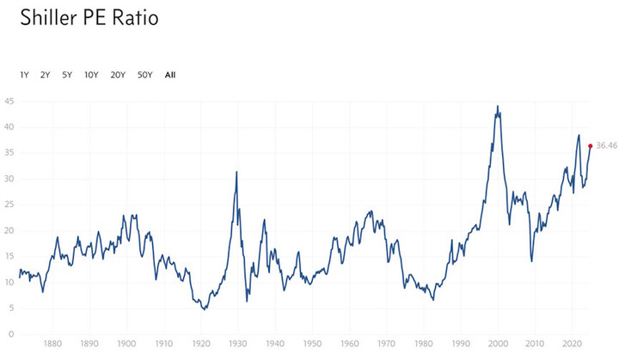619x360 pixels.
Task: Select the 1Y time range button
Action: tap(24, 75)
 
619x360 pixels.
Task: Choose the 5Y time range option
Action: tap(67, 75)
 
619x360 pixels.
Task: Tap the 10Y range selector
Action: tap(91, 75)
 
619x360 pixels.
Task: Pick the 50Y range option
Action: tap(144, 75)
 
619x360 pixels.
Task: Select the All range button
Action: tap(170, 75)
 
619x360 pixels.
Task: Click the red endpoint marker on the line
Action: tap(590, 146)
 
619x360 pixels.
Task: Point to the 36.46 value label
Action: tap(606, 146)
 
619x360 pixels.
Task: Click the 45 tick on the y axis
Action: tap(9, 101)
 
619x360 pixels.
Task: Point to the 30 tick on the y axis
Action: tap(9, 179)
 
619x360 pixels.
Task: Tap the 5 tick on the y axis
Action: tap(10, 308)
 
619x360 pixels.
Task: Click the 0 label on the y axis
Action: tap(10, 334)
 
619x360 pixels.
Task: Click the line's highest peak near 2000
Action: tap(498, 107)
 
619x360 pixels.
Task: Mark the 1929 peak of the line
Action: tap(236, 172)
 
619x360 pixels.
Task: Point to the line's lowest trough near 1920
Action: tap(204, 309)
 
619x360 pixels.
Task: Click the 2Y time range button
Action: tap(45, 75)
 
